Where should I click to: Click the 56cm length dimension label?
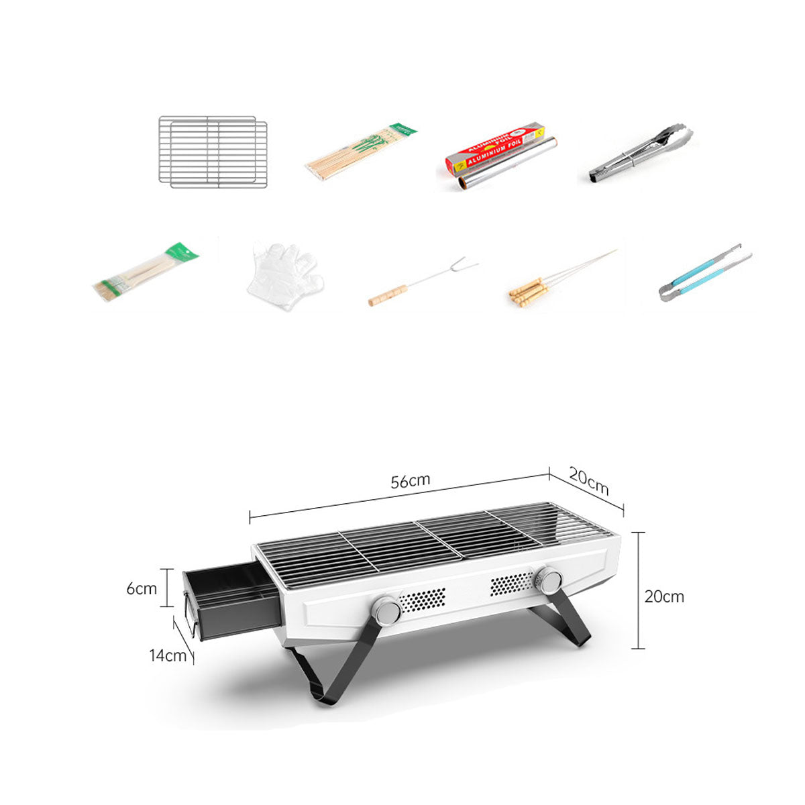click(411, 481)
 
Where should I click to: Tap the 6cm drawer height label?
click(142, 588)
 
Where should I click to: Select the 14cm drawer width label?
click(168, 655)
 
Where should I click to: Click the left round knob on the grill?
click(387, 610)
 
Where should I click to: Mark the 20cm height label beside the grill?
click(664, 596)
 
